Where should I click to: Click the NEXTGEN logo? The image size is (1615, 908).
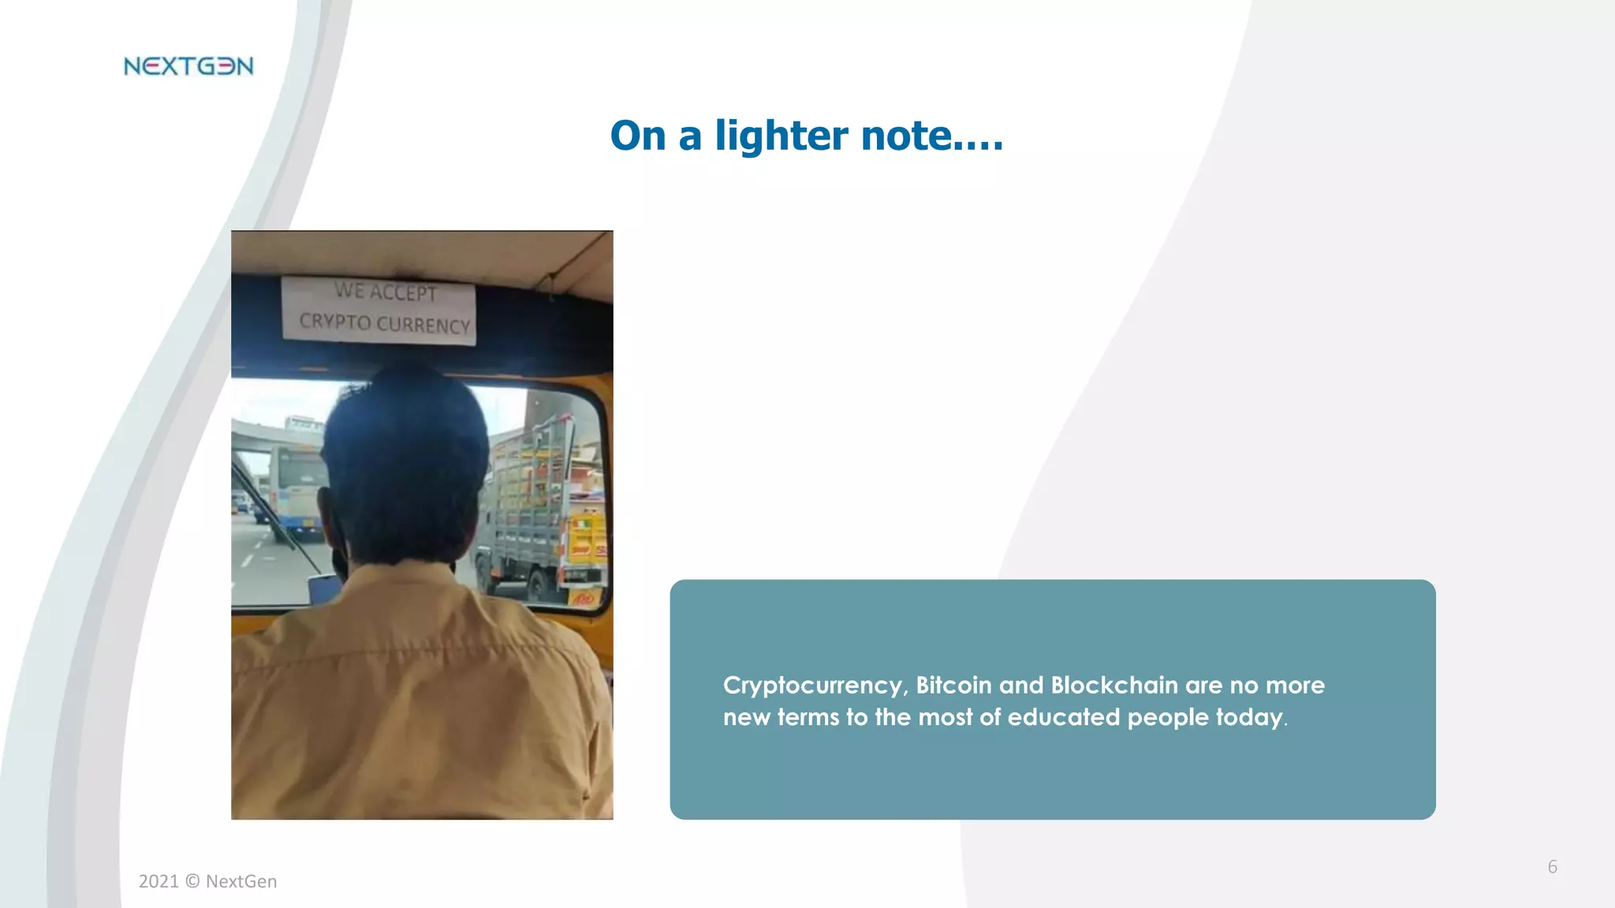coord(188,66)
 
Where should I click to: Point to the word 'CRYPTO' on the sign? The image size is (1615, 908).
coord(334,322)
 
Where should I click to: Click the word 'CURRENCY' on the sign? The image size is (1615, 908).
coord(423,325)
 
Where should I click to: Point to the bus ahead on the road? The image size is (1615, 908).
coord(296,489)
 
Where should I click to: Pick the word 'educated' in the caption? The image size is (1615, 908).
coord(1063,717)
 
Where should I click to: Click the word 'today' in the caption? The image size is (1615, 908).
coord(1248,717)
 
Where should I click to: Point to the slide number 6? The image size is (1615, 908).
coord(1552,867)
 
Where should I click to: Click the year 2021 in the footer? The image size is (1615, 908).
coord(159,882)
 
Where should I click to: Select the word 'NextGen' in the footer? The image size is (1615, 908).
coord(241,882)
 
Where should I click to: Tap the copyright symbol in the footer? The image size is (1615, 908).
coord(192,882)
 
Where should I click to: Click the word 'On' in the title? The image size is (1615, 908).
coord(638,136)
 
